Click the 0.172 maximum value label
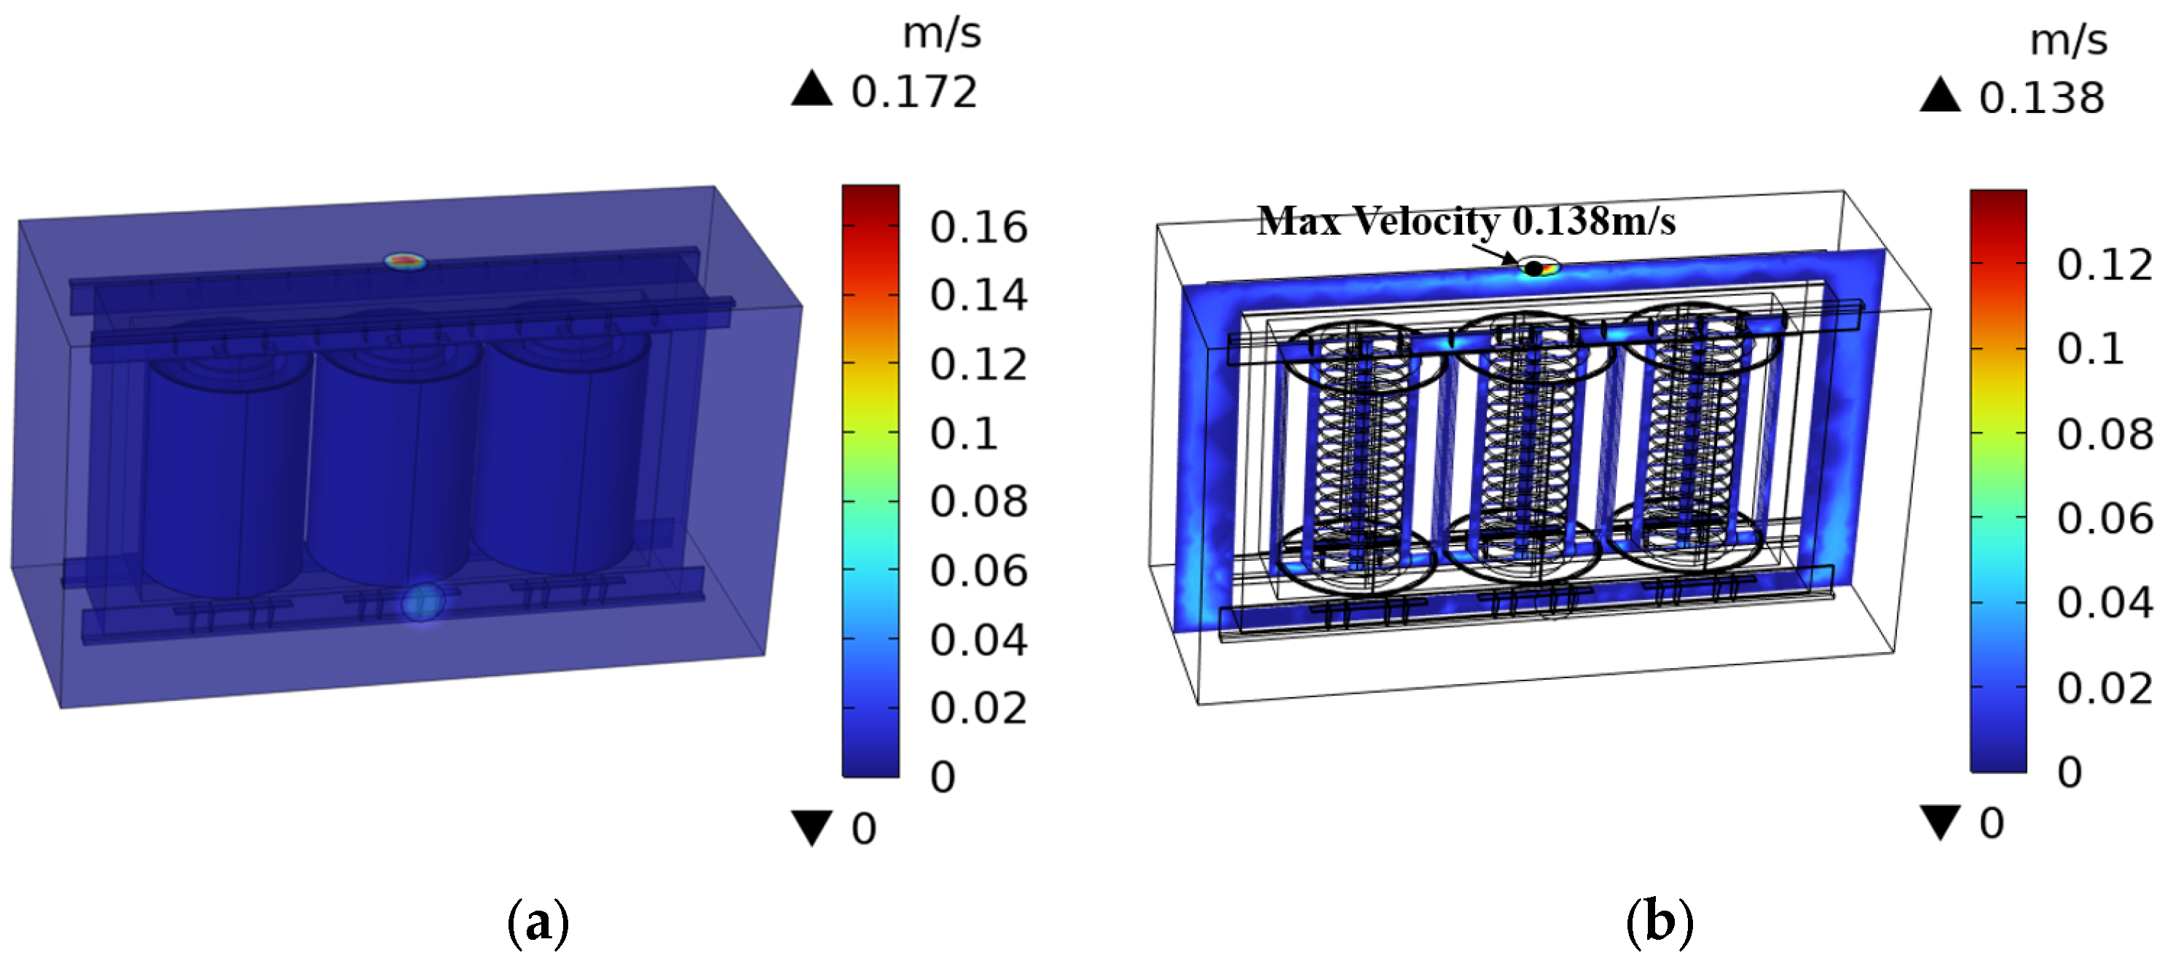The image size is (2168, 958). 914,92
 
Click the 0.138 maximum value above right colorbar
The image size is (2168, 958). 2042,98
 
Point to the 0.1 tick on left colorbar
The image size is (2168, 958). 964,433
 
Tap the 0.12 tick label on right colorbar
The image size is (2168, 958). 2105,265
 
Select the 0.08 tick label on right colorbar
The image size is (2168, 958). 2105,434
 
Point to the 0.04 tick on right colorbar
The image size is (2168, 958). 2105,602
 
